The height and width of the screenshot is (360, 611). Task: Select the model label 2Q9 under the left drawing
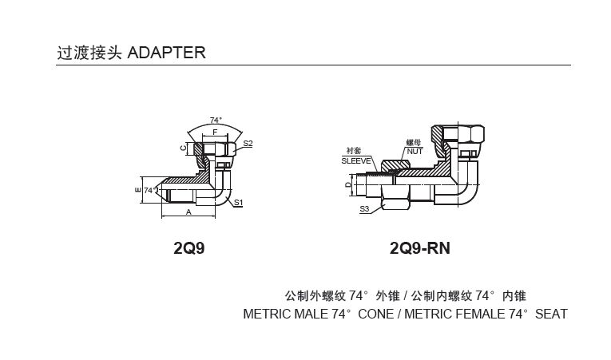pos(189,248)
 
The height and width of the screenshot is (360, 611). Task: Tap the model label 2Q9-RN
pos(419,248)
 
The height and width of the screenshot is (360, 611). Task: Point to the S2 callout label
pos(248,144)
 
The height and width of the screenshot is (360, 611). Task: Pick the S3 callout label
pos(364,208)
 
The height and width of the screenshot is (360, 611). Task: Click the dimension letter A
pos(188,212)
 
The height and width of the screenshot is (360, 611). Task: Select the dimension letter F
pos(215,132)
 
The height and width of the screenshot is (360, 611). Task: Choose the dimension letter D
pos(347,185)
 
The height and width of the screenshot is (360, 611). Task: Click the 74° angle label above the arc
pos(216,121)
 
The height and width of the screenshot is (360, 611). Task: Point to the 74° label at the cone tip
pos(149,191)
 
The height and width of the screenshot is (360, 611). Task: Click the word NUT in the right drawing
pos(414,151)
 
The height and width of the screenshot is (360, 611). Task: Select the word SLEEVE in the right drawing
pos(355,160)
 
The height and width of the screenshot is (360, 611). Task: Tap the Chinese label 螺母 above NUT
pos(413,142)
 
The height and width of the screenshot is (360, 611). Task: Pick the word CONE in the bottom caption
pos(375,314)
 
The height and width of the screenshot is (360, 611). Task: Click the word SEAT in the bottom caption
pos(551,314)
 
